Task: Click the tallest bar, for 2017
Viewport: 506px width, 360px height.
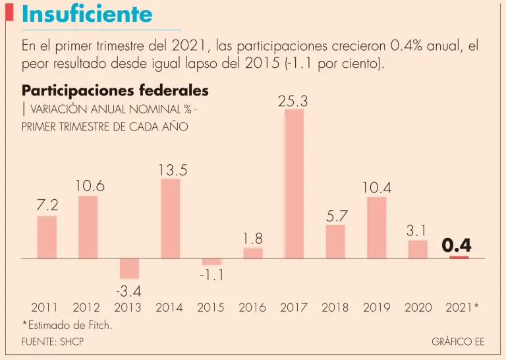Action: pyautogui.click(x=294, y=183)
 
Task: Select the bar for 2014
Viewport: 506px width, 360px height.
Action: pyautogui.click(x=170, y=218)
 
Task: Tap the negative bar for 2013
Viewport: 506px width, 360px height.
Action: pyautogui.click(x=129, y=268)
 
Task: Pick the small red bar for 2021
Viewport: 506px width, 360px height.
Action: pyautogui.click(x=459, y=257)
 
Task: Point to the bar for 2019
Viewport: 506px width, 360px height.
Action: pyautogui.click(x=376, y=227)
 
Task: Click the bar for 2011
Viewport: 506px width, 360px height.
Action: pyautogui.click(x=47, y=237)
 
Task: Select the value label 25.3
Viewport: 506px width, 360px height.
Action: pyautogui.click(x=294, y=101)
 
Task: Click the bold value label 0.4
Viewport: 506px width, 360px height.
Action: pyautogui.click(x=457, y=245)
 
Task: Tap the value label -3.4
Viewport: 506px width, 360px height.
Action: pyautogui.click(x=128, y=290)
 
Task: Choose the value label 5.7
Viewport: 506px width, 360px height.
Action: pyautogui.click(x=336, y=215)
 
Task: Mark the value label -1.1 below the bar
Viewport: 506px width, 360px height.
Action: pyautogui.click(x=211, y=276)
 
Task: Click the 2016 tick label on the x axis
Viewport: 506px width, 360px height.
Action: pyautogui.click(x=252, y=307)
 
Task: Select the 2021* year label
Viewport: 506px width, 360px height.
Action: pyautogui.click(x=462, y=307)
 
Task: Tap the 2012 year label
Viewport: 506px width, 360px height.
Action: pyautogui.click(x=86, y=307)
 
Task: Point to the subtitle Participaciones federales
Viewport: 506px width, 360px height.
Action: pyautogui.click(x=115, y=90)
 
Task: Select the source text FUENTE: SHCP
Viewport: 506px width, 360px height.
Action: pyautogui.click(x=53, y=342)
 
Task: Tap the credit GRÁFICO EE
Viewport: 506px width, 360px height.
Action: pyautogui.click(x=457, y=342)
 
